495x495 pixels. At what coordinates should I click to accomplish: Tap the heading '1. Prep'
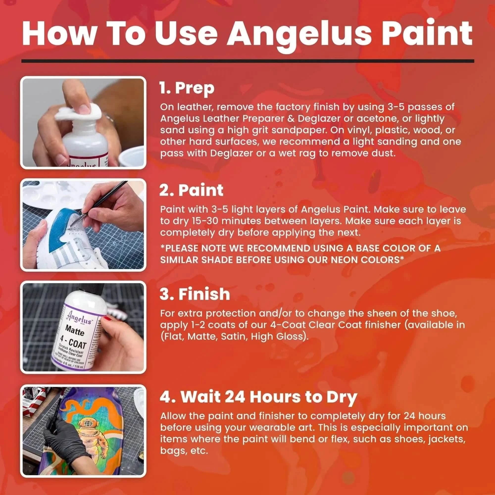(187, 88)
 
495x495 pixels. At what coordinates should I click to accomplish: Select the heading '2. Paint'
(191, 190)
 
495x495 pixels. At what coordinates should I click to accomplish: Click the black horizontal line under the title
(247, 61)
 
